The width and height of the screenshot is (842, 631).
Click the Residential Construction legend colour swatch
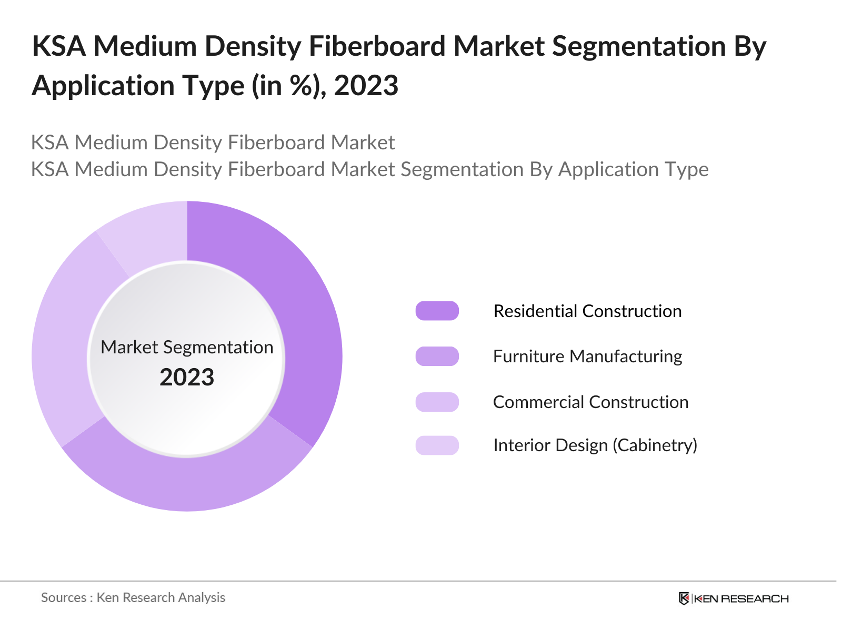437,311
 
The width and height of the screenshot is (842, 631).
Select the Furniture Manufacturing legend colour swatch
437,357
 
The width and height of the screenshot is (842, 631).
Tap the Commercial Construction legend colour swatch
437,402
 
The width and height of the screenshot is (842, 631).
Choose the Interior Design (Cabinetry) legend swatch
437,445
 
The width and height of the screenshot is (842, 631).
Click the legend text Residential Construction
587,311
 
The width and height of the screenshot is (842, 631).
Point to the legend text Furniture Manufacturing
587,357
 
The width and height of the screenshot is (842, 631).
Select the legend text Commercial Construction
590,402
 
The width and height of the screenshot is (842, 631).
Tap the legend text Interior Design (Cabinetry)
595,445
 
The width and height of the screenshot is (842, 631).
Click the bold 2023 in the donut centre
187,378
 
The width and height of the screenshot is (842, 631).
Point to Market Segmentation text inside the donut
187,347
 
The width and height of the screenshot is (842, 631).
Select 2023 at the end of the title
366,86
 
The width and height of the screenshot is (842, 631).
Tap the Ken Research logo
734,598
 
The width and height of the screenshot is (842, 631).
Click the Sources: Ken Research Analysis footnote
133,597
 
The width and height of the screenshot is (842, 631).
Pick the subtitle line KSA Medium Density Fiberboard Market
213,143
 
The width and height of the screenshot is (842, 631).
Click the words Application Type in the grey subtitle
633,169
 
